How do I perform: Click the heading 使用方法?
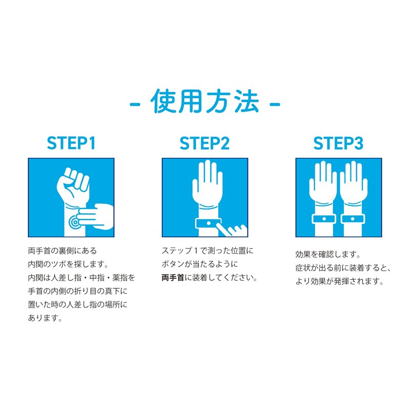pos(204,101)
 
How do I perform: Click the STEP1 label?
pos(71,143)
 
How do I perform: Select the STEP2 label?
pos(204,143)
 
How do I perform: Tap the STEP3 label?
pos(338,143)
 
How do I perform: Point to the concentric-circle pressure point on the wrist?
pos(74,222)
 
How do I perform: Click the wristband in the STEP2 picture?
pos(209,223)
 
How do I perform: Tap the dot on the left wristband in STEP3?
pos(324,219)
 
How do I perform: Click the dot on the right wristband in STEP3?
pos(353,219)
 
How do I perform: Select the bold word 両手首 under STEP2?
pos(173,277)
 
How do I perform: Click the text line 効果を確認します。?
pos(328,254)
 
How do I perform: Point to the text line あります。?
pos(45,318)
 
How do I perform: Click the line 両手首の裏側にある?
pos(63,251)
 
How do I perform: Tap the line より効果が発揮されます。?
pos(340,281)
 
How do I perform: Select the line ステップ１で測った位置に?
pos(208,251)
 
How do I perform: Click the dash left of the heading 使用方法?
pos(135,105)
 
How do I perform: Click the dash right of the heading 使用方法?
pos(275,105)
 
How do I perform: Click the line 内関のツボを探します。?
pos(68,264)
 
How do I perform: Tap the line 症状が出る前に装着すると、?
pos(343,268)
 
